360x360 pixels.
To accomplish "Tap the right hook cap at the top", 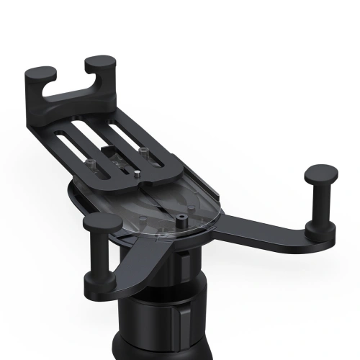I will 100,64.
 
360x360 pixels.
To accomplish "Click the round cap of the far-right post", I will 320,173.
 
